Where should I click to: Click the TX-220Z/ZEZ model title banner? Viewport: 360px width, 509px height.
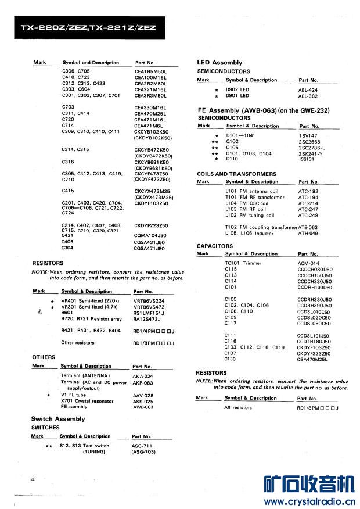pos(88,27)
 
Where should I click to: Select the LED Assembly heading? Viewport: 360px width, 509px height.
pos(219,62)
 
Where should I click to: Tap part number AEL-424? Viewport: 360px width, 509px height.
pos(308,90)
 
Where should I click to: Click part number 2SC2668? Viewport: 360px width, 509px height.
pos(309,141)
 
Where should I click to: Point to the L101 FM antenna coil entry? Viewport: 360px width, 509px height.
pos(252,191)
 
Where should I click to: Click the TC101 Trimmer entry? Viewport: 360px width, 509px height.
pos(243,263)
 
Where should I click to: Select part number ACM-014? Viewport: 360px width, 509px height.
pos(308,263)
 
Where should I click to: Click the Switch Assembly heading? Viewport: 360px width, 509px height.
pos(58,418)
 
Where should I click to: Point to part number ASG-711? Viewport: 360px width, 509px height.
pos(141,446)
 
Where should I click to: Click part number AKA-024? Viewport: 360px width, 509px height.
pos(143,376)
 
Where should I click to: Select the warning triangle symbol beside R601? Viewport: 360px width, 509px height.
pos(39,313)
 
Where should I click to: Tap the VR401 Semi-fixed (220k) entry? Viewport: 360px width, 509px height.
pos(90,300)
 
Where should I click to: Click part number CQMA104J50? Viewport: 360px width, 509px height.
pos(150,235)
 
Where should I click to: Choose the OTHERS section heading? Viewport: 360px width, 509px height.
pos(44,357)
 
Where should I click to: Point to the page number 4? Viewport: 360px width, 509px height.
pos(34,478)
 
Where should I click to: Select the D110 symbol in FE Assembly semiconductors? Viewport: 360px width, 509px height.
pos(232,159)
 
